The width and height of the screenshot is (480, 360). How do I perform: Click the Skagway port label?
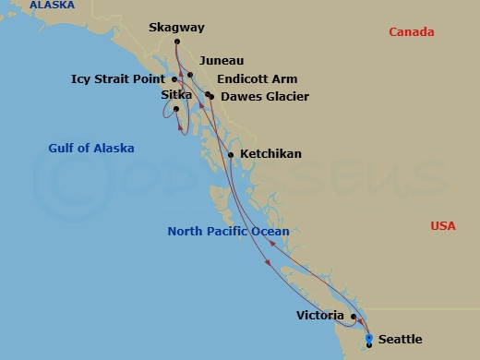176,28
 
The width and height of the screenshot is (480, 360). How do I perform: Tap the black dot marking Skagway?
176,42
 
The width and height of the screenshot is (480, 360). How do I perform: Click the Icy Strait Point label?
117,79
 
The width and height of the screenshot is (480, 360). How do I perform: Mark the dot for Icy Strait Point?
174,79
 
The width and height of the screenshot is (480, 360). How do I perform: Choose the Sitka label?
175,95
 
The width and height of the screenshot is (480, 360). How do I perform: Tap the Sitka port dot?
175,109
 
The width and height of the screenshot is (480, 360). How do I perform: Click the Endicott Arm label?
257,79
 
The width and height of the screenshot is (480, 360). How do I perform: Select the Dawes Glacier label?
264,96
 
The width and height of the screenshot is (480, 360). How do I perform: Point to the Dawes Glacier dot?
211,96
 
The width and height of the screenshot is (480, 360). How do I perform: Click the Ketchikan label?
270,154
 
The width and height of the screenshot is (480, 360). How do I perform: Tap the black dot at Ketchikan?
231,154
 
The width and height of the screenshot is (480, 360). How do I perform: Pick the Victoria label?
321,316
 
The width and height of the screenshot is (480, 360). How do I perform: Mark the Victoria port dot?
354,316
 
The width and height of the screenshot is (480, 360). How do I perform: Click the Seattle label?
400,340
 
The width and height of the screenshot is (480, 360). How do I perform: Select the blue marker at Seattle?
369,340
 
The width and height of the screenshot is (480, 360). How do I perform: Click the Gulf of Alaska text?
91,149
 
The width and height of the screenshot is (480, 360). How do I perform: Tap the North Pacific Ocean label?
228,232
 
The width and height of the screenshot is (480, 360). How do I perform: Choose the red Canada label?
411,32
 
